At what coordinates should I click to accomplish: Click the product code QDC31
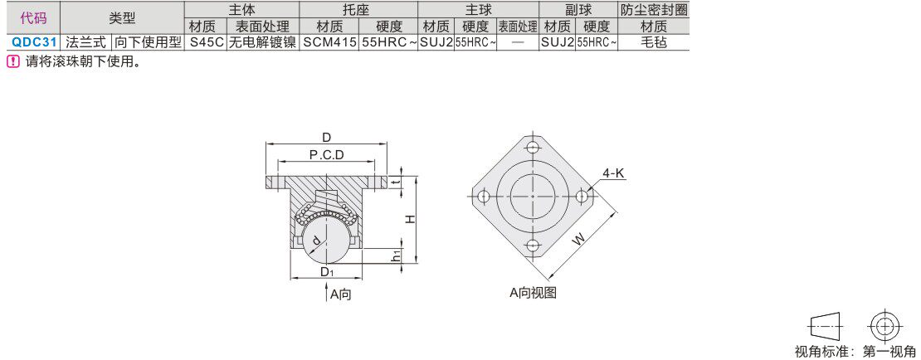point(34,42)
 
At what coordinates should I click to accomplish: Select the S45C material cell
point(205,42)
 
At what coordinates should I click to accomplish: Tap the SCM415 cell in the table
point(329,42)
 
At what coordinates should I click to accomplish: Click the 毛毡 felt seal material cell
point(652,42)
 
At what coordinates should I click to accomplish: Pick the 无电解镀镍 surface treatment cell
point(262,42)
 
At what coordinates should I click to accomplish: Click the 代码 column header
point(33,18)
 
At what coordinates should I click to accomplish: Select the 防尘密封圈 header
point(653,10)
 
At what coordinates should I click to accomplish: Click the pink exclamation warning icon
point(13,61)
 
